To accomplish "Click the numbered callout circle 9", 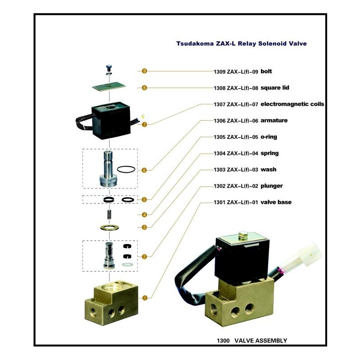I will click(x=144, y=71).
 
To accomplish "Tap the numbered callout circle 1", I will click(x=144, y=297).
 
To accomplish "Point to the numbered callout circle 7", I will click(x=144, y=124).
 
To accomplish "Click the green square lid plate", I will click(x=109, y=86).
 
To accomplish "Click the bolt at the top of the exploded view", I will click(x=109, y=67).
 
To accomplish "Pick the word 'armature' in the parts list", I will click(x=274, y=121).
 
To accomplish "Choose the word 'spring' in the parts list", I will click(x=270, y=153).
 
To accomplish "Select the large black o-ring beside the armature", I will click(x=126, y=170).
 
